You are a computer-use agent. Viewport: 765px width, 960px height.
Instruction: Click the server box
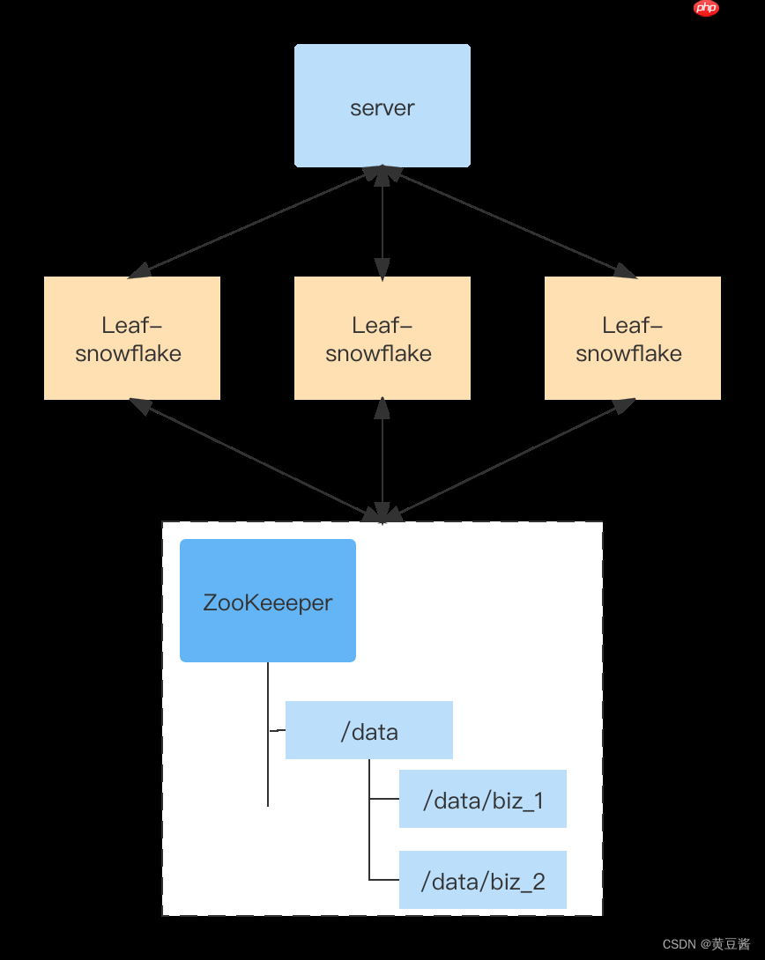382,106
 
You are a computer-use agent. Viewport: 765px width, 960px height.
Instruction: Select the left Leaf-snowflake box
131,338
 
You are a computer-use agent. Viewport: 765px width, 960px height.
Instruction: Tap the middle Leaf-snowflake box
382,338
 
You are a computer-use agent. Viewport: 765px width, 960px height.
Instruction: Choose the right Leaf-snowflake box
632,338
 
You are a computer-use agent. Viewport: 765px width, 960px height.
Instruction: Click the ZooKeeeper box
268,601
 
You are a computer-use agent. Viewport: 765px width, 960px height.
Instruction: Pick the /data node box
368,730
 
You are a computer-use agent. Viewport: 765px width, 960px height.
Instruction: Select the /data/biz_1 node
482,799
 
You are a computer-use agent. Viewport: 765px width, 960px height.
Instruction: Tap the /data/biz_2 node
482,880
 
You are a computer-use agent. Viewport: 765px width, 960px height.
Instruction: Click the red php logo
706,8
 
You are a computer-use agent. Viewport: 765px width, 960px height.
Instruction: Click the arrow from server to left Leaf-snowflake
256,222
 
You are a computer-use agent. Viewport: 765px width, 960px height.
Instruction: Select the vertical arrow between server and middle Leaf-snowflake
382,222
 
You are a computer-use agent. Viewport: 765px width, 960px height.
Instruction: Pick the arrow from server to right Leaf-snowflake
509,222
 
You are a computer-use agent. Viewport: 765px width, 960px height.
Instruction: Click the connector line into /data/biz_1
384,799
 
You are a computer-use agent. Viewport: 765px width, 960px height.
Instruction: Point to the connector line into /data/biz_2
384,880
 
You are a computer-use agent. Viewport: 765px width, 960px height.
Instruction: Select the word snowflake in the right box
628,354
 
